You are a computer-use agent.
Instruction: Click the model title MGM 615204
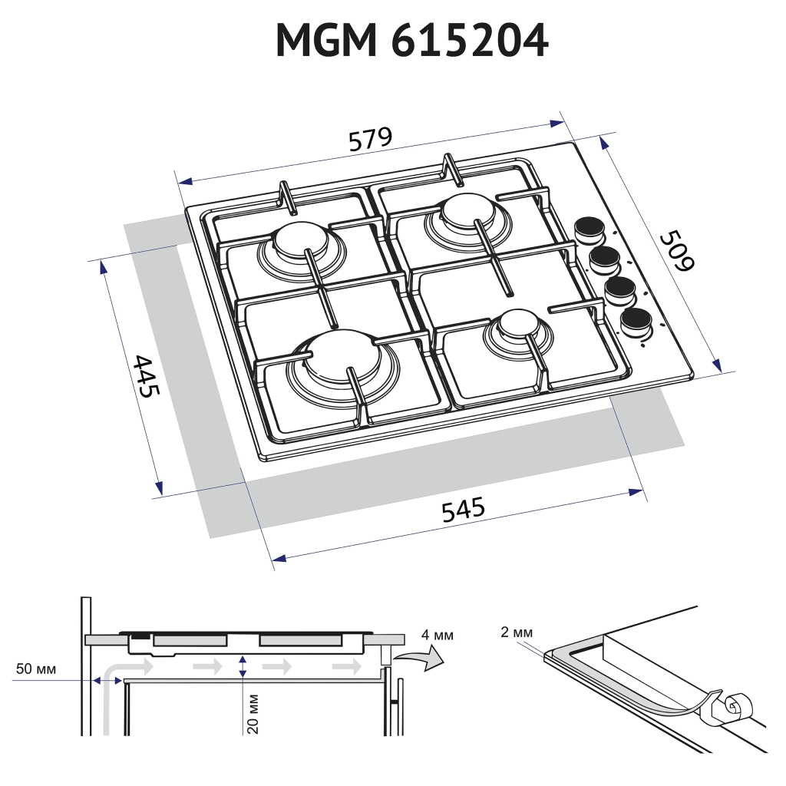[x=412, y=40]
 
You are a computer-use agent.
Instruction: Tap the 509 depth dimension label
[x=677, y=251]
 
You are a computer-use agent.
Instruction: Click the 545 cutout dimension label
[x=463, y=509]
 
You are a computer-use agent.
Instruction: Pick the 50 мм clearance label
[x=36, y=669]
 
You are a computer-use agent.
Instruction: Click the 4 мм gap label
[x=438, y=635]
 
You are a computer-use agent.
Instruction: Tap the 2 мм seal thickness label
[x=516, y=632]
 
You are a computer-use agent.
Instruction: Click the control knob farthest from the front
[x=589, y=228]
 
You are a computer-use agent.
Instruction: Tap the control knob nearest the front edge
[x=636, y=320]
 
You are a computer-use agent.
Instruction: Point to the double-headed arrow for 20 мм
[x=243, y=666]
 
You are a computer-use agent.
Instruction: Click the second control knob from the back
[x=605, y=258]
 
